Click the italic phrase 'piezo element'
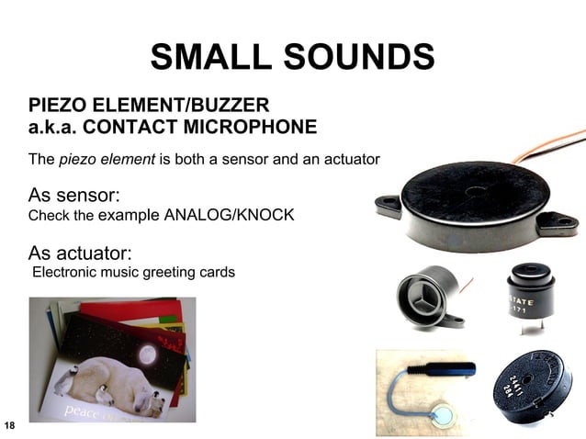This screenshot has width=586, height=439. (107, 159)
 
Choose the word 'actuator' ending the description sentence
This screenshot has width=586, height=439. (349, 159)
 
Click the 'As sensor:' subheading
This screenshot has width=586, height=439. (75, 196)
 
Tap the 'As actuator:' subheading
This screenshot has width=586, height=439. (81, 252)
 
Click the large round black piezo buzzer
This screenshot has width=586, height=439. (473, 201)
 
